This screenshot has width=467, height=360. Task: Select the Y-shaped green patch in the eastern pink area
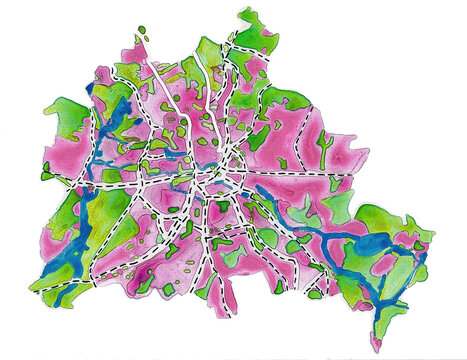[x=325, y=143]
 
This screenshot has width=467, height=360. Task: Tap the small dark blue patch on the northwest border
[x=87, y=88]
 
